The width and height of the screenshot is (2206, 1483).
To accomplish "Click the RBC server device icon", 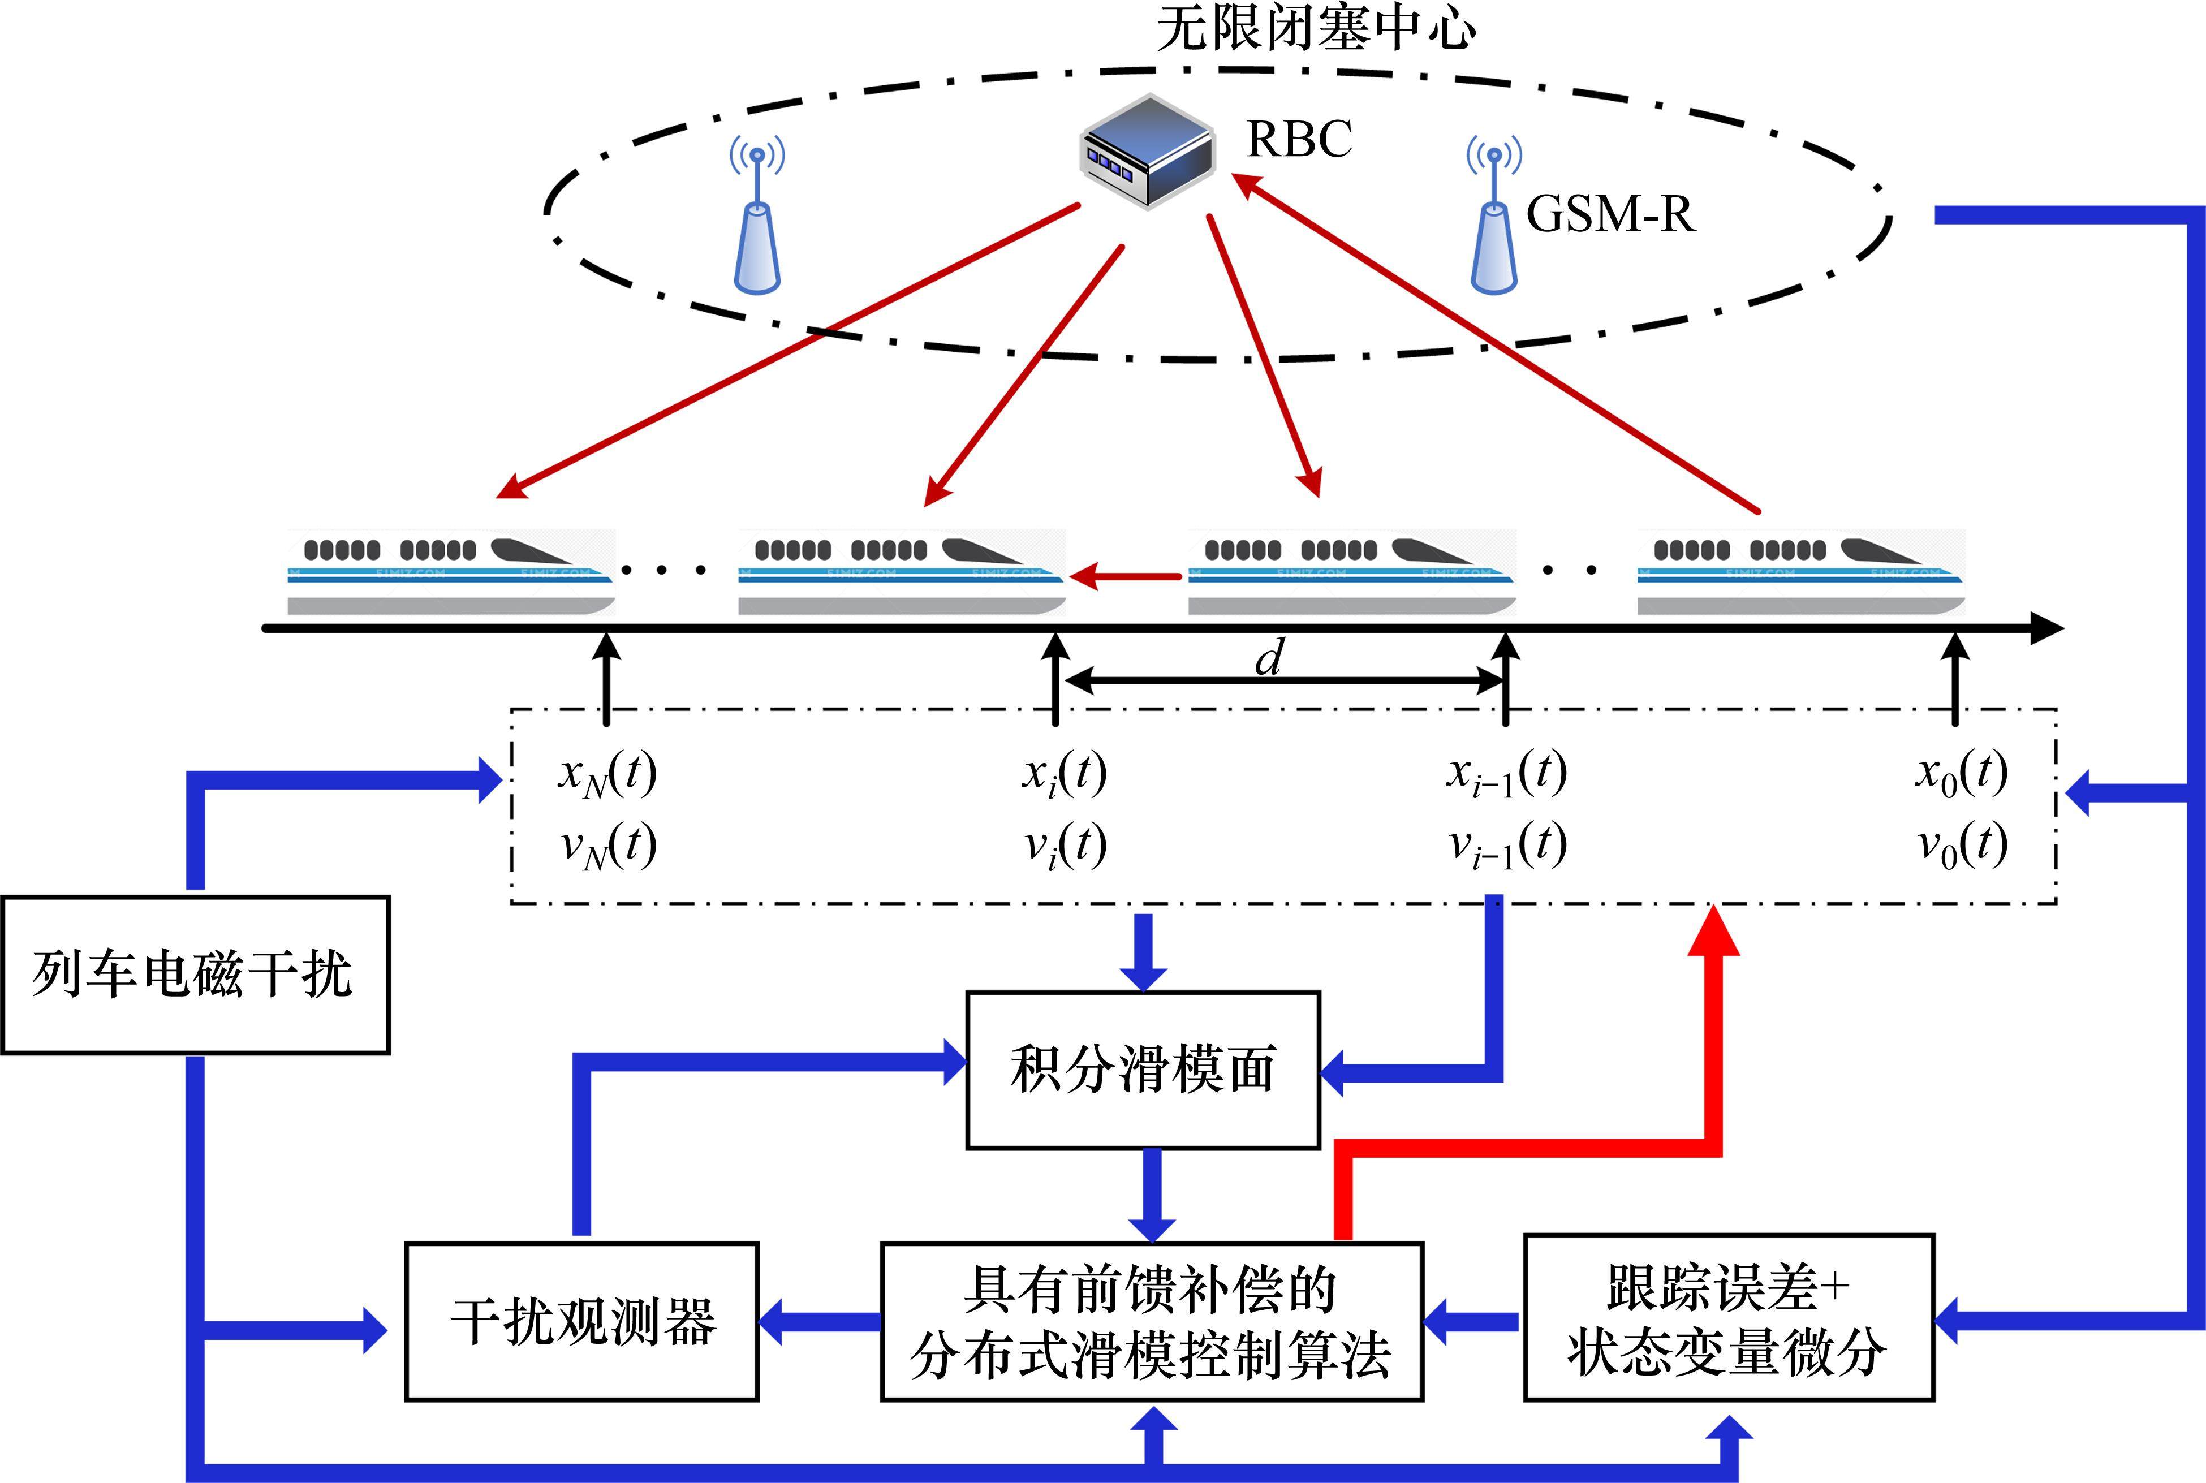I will pyautogui.click(x=1147, y=152).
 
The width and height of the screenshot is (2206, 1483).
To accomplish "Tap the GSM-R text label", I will pyautogui.click(x=1609, y=214).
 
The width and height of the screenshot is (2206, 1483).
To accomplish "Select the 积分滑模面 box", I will pyautogui.click(x=1142, y=1070).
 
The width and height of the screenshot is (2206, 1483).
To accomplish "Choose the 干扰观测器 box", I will pyautogui.click(x=581, y=1321).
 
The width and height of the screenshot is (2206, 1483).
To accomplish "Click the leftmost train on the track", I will pyautogui.click(x=451, y=573).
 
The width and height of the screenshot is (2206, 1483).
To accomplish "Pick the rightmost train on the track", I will pyautogui.click(x=1802, y=573).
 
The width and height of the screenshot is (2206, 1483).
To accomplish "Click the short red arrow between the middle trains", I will pyautogui.click(x=1125, y=575).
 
